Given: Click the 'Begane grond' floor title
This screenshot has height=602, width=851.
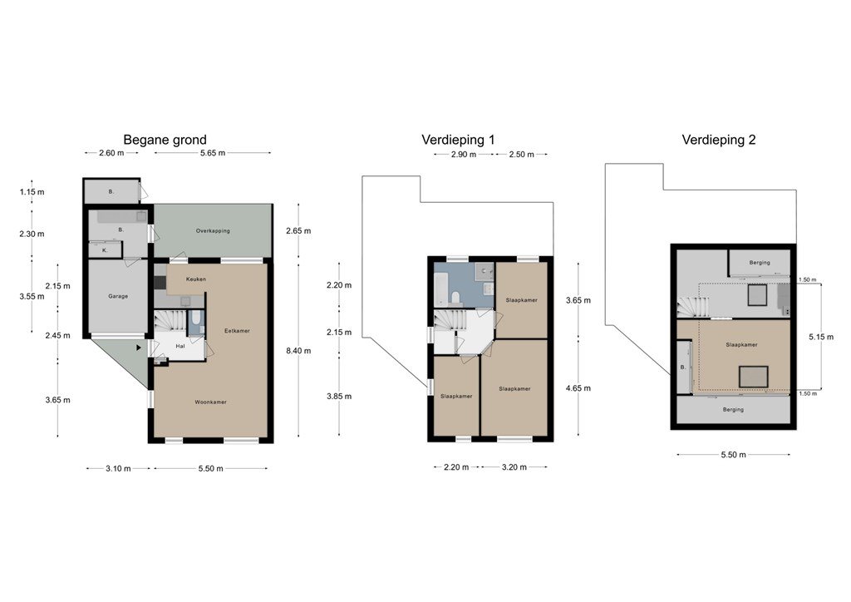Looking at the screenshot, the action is click(165, 140).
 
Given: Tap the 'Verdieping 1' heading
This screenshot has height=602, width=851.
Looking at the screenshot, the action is click(458, 140).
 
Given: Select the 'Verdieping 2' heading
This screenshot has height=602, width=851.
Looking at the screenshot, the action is click(719, 140).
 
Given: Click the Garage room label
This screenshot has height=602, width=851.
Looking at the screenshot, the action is click(118, 296).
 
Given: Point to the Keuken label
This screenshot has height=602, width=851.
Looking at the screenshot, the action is click(196, 279).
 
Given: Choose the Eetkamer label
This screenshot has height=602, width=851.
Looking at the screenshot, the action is click(237, 331).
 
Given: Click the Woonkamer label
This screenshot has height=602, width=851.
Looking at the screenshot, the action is click(210, 402).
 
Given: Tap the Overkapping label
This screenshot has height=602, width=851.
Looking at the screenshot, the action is click(213, 230).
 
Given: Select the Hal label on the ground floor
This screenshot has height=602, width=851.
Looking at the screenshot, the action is click(180, 346).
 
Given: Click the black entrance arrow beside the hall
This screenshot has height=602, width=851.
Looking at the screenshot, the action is click(139, 348).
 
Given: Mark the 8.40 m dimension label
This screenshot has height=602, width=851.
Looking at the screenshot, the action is click(298, 351).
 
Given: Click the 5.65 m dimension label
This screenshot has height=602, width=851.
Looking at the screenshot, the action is click(213, 153).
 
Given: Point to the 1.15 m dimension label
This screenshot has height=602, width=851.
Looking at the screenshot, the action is click(32, 191).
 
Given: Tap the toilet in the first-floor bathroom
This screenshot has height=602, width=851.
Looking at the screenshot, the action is click(456, 297).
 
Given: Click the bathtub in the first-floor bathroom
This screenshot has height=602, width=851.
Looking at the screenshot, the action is click(441, 289).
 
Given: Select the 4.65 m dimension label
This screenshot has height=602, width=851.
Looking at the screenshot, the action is click(578, 388).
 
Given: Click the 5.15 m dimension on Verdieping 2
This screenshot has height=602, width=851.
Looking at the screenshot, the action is click(821, 337).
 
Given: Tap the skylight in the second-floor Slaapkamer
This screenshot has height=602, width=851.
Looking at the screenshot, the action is click(753, 377).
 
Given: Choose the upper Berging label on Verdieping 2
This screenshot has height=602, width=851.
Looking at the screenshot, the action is click(760, 263).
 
